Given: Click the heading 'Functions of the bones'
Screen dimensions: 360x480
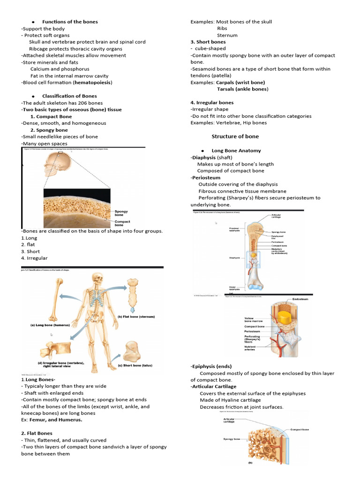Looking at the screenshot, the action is (70, 22).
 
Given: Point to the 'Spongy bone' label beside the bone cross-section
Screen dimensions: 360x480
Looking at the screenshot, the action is (121, 213).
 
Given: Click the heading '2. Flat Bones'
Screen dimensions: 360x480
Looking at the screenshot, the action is (37, 434).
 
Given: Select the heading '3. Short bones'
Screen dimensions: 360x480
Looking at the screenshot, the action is (208, 42).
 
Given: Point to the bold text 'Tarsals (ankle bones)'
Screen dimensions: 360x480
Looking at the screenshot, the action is (242, 89).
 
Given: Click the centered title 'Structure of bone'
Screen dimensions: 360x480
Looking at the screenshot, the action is (235, 136).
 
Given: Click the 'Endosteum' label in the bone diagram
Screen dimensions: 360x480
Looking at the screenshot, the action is (300, 299).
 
